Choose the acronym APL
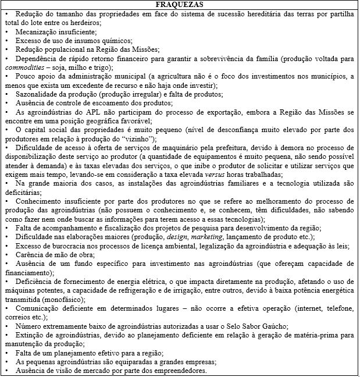point(85,112)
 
